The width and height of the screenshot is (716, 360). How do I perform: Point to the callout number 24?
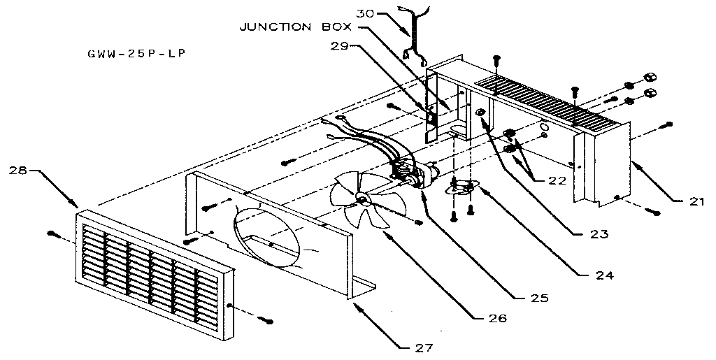pyautogui.click(x=605, y=275)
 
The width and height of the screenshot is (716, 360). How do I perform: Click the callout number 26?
pyautogui.click(x=496, y=319)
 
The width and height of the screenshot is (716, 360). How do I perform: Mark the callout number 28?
pyautogui.click(x=20, y=170)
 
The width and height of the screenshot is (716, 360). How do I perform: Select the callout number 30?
pyautogui.click(x=366, y=13)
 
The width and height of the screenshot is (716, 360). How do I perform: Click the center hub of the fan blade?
pyautogui.click(x=364, y=199)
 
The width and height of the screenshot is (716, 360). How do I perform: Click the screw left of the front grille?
pyautogui.click(x=53, y=233)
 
